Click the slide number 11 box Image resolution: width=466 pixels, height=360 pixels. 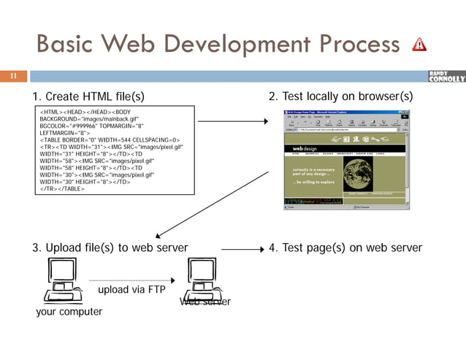coord(12,75)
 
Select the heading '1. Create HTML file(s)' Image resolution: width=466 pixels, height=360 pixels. coord(88,97)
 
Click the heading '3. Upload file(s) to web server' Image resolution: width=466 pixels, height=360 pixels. coord(110,248)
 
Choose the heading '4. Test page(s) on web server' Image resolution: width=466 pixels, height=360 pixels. coord(345,248)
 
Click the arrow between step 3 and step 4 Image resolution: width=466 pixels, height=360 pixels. coord(242,249)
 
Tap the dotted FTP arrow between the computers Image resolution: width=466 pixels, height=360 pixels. coord(131,280)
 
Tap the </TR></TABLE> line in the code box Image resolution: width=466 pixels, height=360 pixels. coord(61,188)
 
